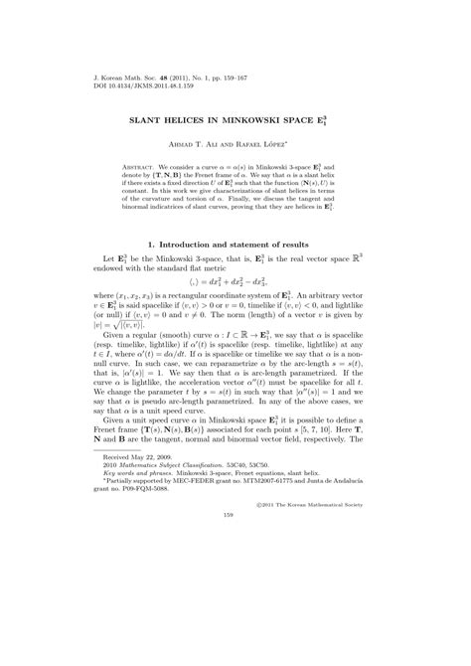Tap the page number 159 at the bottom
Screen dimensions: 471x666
pos(235,625)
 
